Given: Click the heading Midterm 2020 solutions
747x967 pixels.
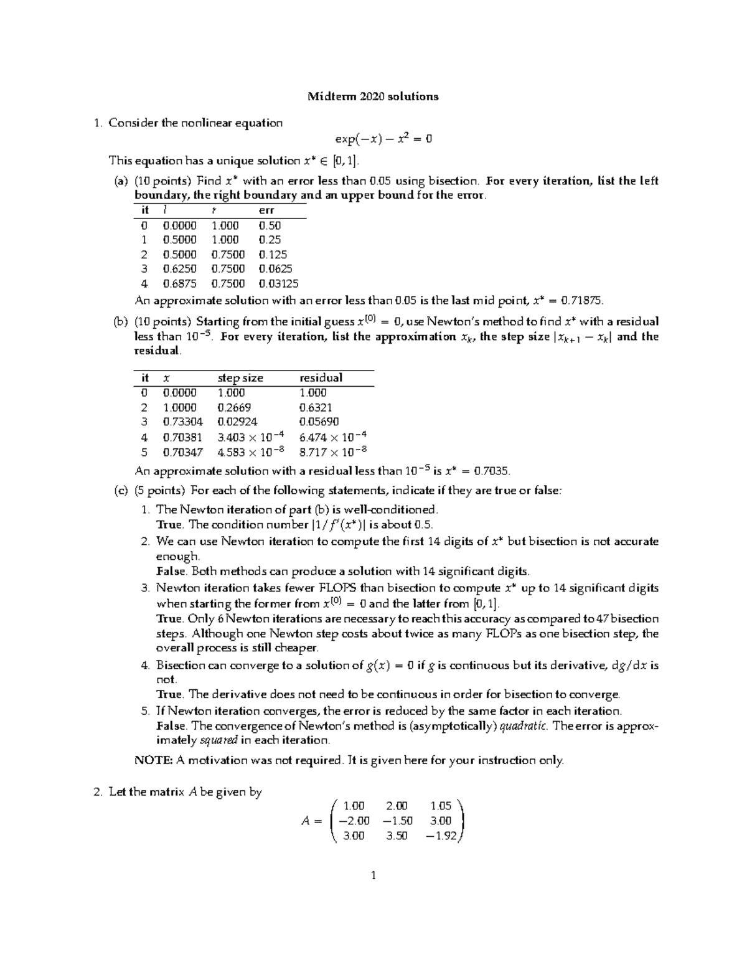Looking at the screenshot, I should click(x=374, y=97).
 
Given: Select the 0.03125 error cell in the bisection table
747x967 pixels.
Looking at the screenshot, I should click(x=278, y=284).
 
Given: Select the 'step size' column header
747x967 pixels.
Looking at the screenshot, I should click(x=240, y=378).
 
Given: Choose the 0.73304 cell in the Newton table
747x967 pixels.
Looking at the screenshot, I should click(x=182, y=422).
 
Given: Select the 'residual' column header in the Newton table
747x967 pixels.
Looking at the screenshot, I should click(x=321, y=378).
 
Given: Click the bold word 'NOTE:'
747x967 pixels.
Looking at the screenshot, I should click(x=154, y=760).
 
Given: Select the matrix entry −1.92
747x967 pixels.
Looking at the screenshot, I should click(x=441, y=836).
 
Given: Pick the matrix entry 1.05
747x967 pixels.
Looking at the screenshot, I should click(x=441, y=806).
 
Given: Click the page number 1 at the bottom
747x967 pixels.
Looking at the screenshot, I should click(x=374, y=876).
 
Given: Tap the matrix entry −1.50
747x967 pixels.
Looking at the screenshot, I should click(x=395, y=821).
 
